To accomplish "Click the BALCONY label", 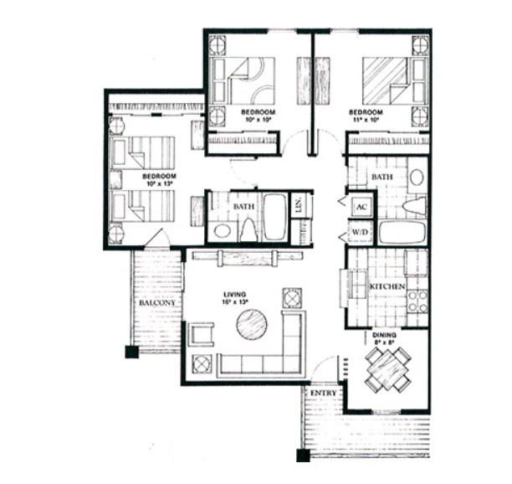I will [156, 302].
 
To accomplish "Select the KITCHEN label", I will [387, 287].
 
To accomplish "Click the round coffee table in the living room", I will [251, 324].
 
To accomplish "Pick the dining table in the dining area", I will [387, 368].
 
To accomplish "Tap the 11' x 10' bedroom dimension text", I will [366, 120].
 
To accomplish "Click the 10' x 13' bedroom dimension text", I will [157, 183].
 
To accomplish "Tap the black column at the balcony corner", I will [131, 352].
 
